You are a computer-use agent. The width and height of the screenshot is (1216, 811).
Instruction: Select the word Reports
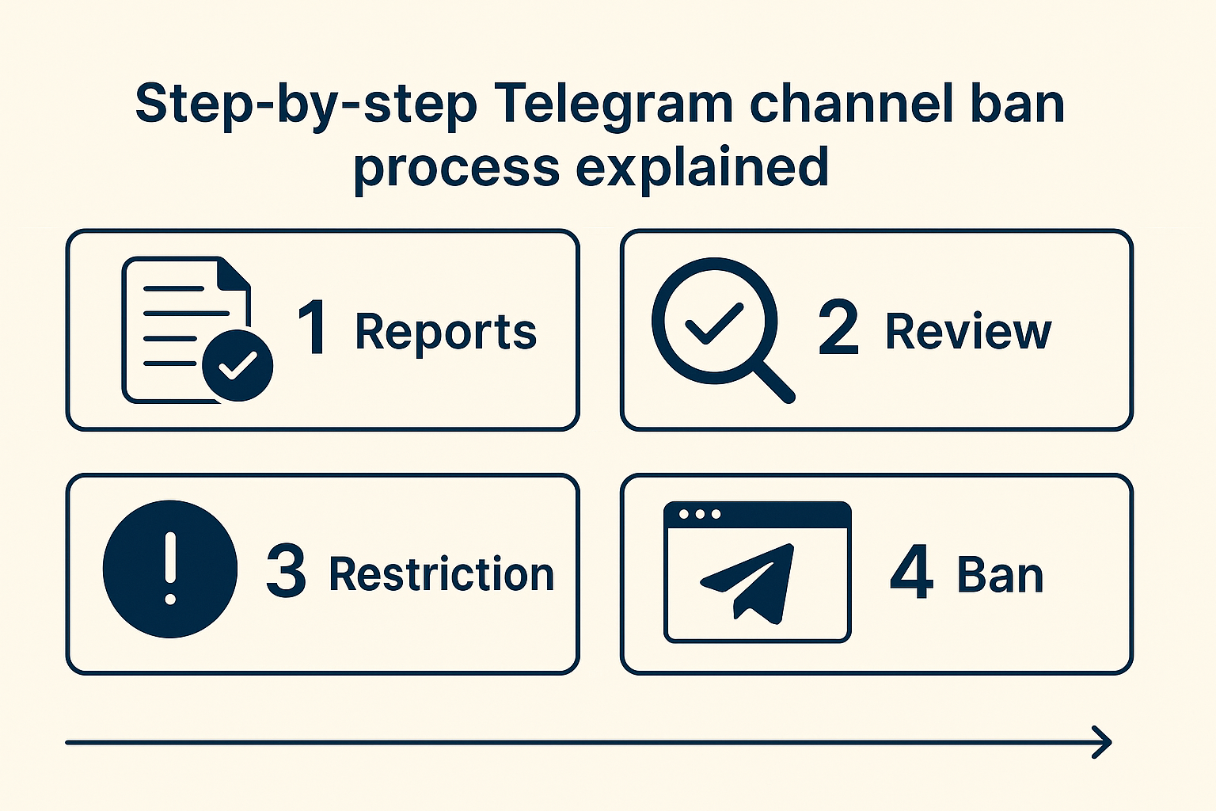click(446, 332)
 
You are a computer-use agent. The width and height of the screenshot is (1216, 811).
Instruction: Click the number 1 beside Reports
click(313, 327)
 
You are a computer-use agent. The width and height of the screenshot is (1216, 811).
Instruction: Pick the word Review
click(968, 331)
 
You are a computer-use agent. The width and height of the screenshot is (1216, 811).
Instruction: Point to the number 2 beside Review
click(838, 327)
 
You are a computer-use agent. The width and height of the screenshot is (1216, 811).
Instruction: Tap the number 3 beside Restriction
click(286, 570)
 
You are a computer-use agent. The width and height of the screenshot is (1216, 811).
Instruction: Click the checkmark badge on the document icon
click(237, 365)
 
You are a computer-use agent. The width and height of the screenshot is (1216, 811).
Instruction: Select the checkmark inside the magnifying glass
click(713, 323)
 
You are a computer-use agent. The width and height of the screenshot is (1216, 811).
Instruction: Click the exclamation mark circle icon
click(170, 569)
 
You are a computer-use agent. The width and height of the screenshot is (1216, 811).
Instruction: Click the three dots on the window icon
click(700, 514)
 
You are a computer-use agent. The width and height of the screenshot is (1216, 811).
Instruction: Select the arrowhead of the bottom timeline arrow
click(1102, 743)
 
